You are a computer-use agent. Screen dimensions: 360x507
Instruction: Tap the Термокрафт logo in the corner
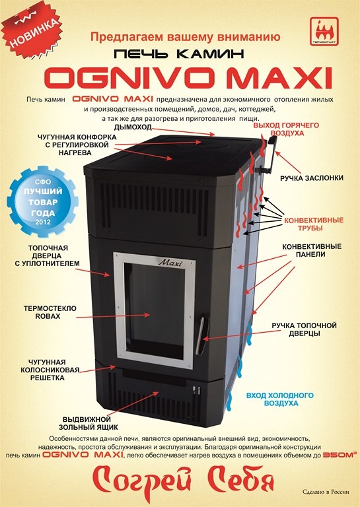[324, 31]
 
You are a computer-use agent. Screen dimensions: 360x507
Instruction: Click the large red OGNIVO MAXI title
[188, 78]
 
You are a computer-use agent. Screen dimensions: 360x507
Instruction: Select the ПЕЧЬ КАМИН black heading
[178, 53]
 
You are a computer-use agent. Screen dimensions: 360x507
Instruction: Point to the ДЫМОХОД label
[133, 127]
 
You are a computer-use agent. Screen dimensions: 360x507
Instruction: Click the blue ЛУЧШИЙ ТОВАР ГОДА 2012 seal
[43, 201]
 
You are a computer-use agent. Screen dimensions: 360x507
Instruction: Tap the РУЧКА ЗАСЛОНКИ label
[312, 178]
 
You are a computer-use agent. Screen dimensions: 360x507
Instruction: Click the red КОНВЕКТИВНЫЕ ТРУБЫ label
[313, 224]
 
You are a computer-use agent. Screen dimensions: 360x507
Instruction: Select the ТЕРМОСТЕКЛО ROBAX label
[50, 312]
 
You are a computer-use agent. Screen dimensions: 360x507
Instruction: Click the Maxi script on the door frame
[170, 262]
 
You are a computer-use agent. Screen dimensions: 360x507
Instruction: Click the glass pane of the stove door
[155, 310]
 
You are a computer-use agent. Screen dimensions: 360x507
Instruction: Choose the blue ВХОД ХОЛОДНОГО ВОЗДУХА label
[280, 399]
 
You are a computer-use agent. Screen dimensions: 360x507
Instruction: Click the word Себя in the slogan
[240, 482]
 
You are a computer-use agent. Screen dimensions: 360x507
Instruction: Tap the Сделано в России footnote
[326, 492]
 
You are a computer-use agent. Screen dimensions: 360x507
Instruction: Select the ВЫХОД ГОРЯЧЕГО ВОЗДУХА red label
[286, 129]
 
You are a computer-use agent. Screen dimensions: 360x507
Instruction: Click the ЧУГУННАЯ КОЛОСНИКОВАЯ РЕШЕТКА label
[50, 370]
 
